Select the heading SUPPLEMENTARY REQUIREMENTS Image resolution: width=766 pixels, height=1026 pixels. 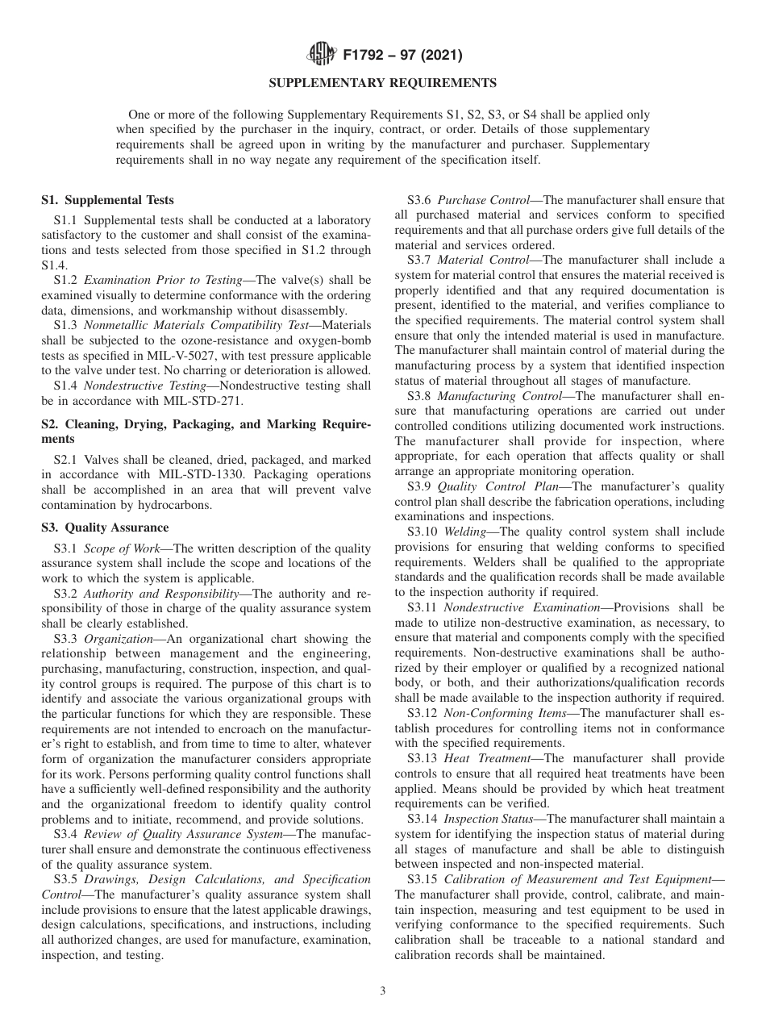[x=382, y=83]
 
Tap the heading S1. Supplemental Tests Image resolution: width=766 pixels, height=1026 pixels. [x=107, y=200]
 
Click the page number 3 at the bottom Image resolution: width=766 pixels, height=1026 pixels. [x=382, y=991]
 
